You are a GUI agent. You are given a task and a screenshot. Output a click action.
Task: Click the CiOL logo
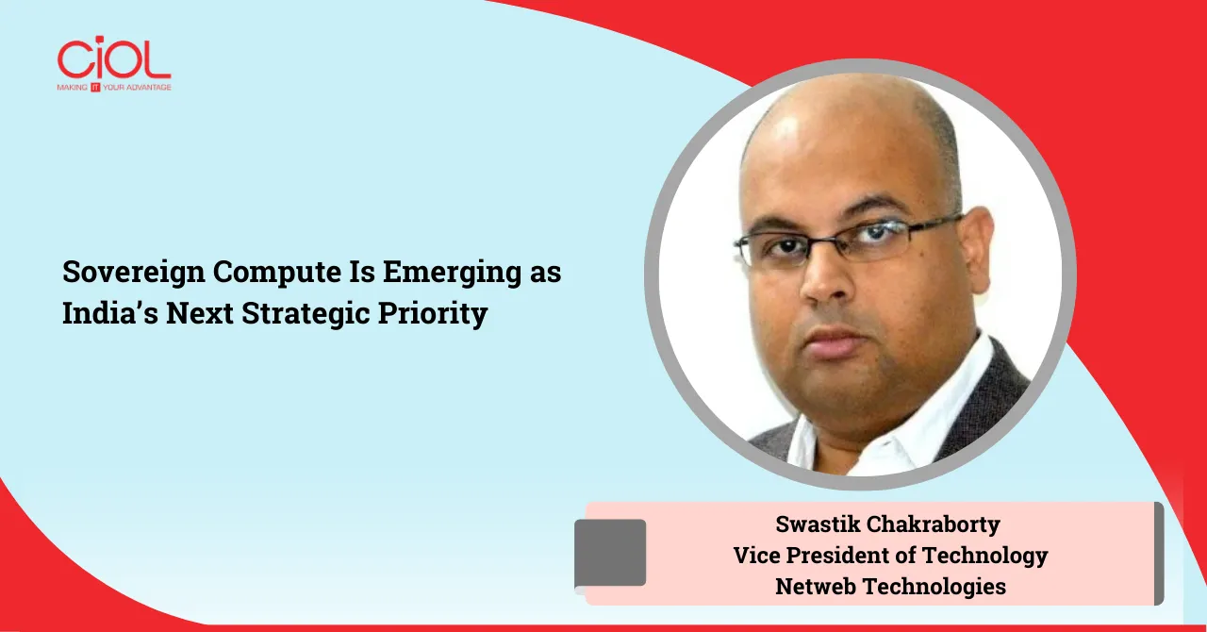113,58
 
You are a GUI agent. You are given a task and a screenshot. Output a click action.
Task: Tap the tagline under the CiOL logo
113,87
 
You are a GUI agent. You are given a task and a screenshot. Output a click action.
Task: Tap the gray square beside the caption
610,552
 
